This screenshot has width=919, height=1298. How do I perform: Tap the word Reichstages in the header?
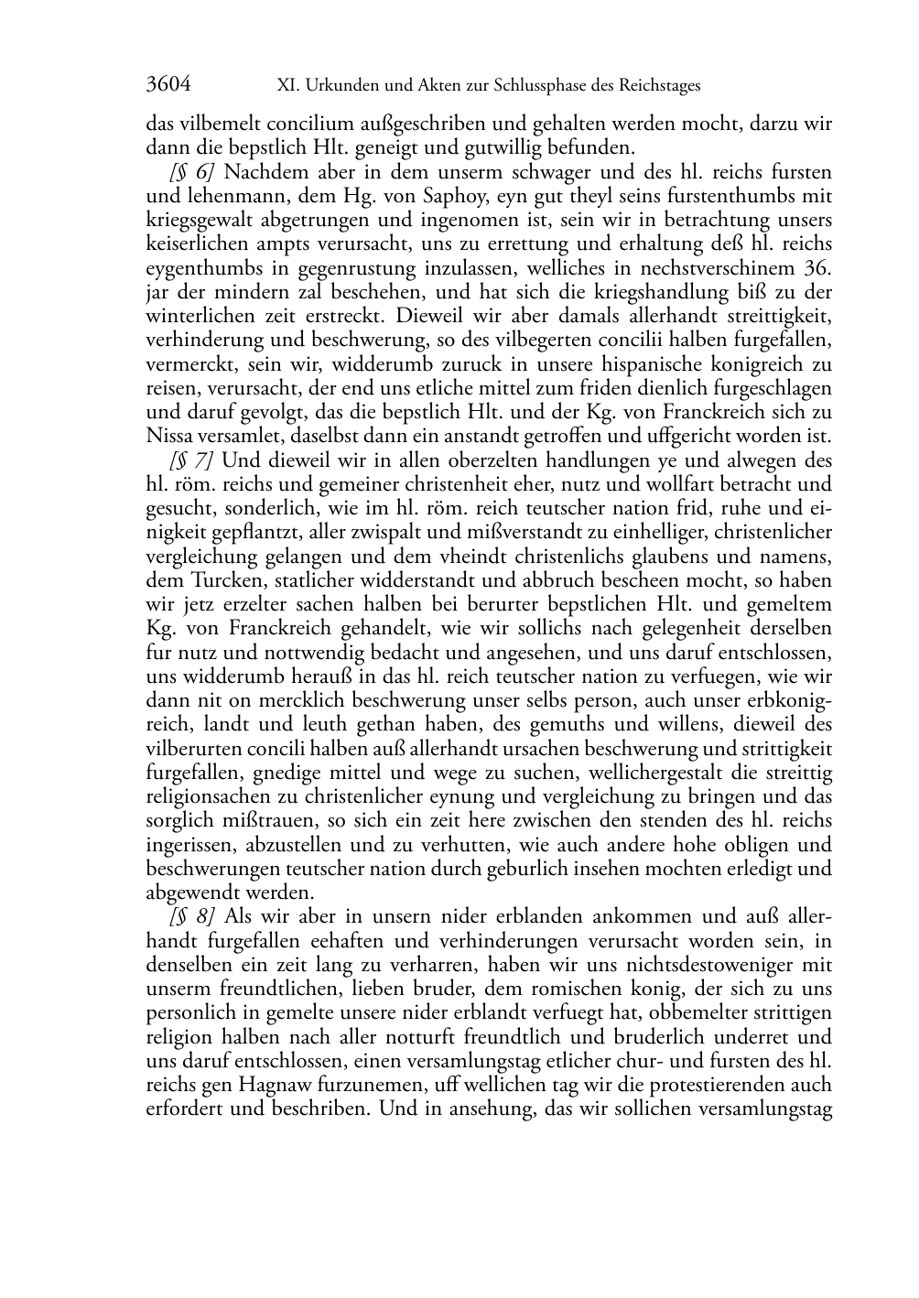(x=656, y=86)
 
